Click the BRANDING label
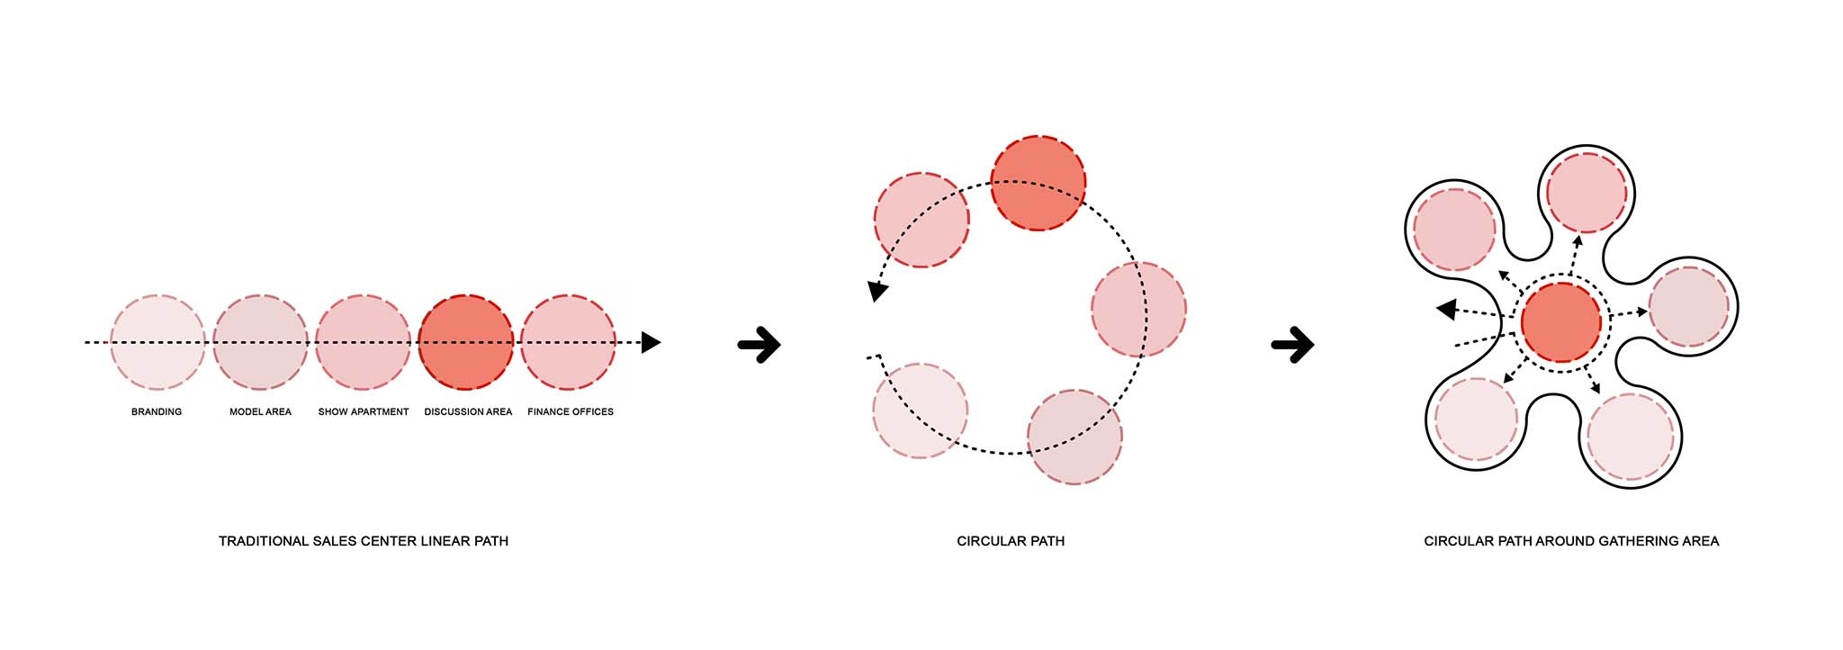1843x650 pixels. [157, 411]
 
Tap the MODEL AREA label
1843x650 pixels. [260, 411]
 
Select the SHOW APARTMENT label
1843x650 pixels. [364, 411]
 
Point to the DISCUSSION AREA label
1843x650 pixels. [468, 411]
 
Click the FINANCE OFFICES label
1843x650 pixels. [571, 411]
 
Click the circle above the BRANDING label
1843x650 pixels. [157, 342]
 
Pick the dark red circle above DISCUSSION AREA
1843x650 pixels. [465, 342]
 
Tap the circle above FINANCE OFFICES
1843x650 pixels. [568, 342]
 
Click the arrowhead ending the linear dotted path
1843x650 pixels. [651, 342]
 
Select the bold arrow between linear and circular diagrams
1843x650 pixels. [759, 344]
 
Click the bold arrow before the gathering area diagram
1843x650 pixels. [1293, 344]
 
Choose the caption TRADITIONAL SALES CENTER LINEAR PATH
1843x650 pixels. [364, 541]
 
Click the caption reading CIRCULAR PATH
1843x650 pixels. [1011, 541]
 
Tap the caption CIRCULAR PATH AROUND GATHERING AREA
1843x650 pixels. [1571, 541]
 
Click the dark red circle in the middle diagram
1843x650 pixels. [1038, 184]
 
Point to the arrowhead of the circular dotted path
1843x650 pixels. [877, 292]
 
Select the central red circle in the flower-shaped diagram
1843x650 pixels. [1561, 322]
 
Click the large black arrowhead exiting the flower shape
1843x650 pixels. [1446, 311]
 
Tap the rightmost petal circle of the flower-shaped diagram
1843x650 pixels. [1689, 306]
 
